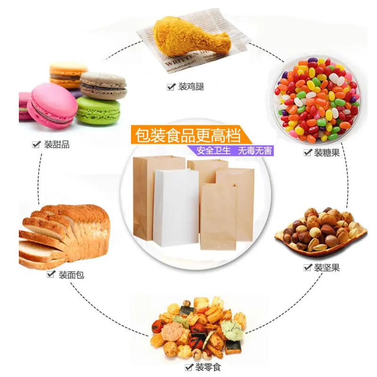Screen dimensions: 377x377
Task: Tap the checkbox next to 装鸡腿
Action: [x=171, y=87]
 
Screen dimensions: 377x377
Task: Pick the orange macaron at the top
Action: [x=68, y=73]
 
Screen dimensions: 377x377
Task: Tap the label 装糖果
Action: [x=327, y=153]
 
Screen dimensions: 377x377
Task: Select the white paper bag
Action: [x=175, y=207]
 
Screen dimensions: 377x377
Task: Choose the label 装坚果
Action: [x=327, y=268]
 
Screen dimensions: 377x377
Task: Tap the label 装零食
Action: [x=207, y=367]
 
